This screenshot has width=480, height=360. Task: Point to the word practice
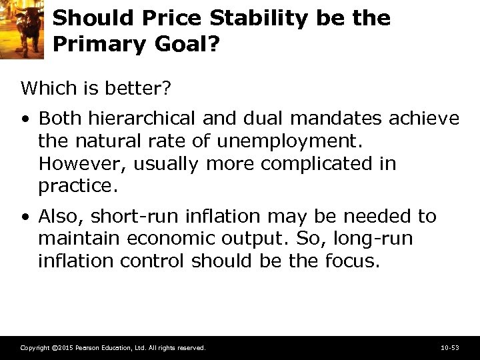[x=77, y=186]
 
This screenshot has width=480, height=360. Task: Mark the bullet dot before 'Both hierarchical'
[x=25, y=119]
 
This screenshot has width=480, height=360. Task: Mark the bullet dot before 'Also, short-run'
[x=25, y=217]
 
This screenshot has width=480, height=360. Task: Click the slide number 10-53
[x=449, y=348]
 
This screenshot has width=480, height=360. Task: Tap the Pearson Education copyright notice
[x=113, y=348]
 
